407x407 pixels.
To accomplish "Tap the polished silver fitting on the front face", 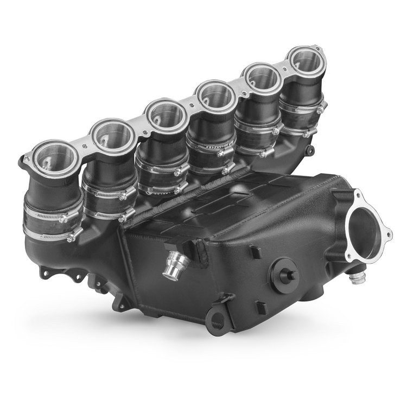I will (177, 263).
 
